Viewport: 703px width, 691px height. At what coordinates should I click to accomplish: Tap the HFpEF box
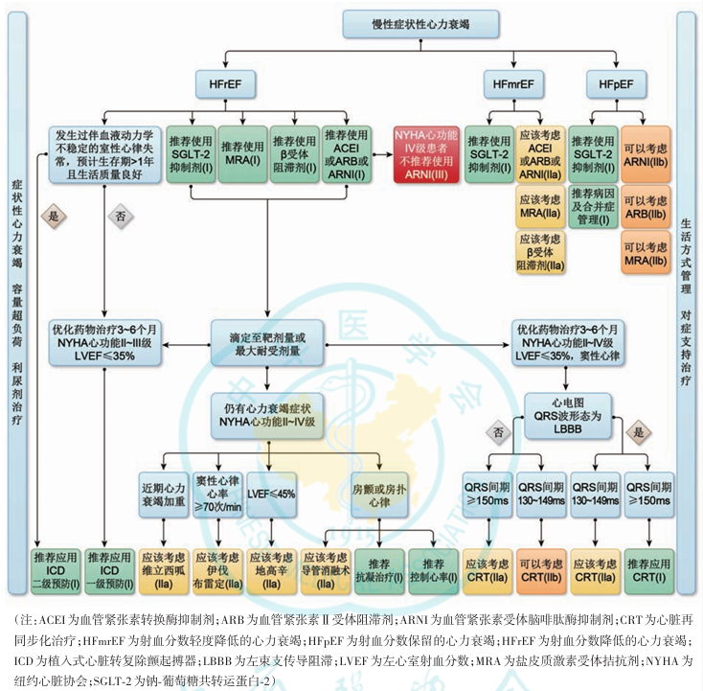[x=616, y=85]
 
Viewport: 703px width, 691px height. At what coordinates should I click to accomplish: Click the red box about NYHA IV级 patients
[x=426, y=153]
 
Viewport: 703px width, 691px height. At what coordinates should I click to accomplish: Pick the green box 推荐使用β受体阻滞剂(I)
[x=294, y=153]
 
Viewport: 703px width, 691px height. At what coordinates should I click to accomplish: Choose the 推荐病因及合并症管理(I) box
[x=591, y=206]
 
